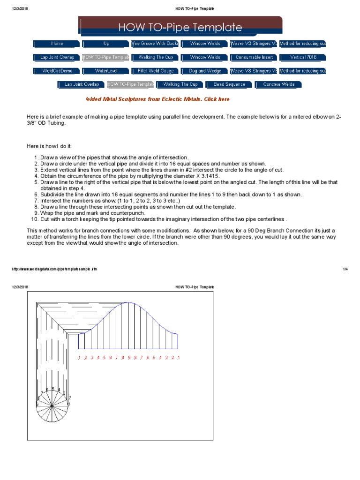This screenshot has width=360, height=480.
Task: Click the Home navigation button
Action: (x=57, y=44)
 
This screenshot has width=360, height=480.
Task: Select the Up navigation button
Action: (x=105, y=44)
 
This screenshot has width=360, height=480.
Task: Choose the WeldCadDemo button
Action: (x=57, y=71)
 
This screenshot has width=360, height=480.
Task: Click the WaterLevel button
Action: (x=105, y=71)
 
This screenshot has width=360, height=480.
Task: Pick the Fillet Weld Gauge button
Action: (x=155, y=71)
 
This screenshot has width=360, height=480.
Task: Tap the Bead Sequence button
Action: (x=229, y=85)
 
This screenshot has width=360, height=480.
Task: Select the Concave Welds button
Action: (x=278, y=85)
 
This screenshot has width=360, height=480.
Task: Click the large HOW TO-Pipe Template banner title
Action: (x=180, y=27)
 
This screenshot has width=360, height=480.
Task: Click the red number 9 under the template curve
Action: (x=128, y=358)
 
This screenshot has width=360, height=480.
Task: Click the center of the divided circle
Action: (x=53, y=404)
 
